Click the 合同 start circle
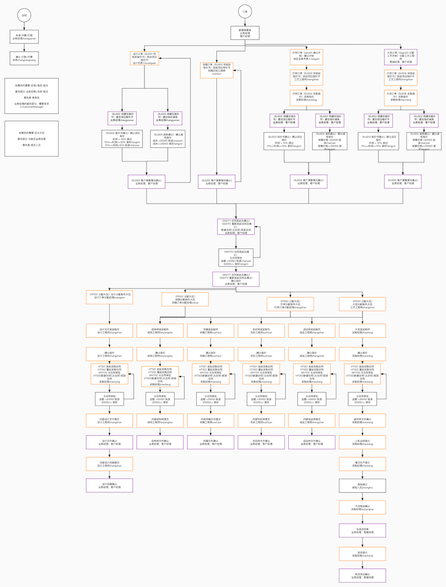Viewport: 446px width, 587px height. click(x=23, y=16)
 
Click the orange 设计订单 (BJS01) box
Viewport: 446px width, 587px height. click(x=144, y=59)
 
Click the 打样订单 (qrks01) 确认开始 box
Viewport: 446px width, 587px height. click(x=306, y=56)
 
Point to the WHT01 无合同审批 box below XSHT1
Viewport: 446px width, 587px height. click(x=236, y=258)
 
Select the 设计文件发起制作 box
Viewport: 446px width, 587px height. click(x=109, y=331)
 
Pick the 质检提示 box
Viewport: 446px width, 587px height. click(x=359, y=485)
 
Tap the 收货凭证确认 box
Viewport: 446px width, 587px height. click(x=359, y=576)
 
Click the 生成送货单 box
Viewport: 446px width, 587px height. click(x=359, y=531)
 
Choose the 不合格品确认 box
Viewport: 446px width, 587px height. click(x=359, y=508)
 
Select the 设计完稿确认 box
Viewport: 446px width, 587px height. click(x=109, y=485)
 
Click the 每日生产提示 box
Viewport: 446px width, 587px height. click(x=359, y=464)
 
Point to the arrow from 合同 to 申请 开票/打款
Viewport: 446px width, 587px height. click(x=23, y=26)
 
